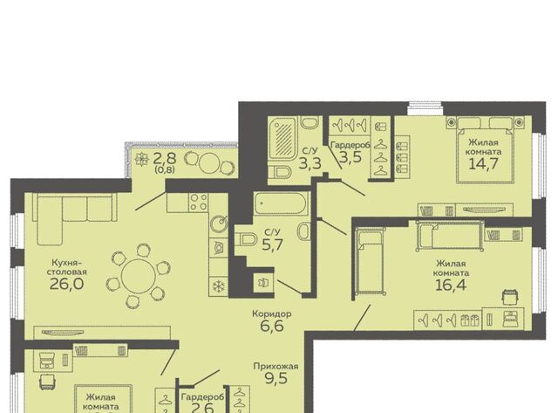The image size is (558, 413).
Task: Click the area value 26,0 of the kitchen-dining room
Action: click(66, 284)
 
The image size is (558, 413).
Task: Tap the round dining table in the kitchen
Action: click(139, 276)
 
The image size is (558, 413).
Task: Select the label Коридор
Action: click(271, 314)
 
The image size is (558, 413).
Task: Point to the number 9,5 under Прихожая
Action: click(276, 379)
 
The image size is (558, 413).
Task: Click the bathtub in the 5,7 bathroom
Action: click(281, 203)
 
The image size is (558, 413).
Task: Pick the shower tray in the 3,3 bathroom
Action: click(282, 138)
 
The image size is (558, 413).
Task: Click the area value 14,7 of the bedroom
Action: click(484, 163)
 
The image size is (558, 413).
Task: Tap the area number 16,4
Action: click(452, 285)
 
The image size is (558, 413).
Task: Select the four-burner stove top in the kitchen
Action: click(199, 202)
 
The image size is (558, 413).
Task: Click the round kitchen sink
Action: click(219, 224)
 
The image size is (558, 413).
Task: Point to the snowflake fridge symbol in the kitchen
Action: click(217, 286)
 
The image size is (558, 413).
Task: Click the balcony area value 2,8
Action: click(164, 158)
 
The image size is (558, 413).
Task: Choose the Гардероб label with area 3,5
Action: click(350, 146)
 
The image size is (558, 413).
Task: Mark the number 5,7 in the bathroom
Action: click(273, 244)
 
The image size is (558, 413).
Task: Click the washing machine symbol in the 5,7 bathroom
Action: click(263, 283)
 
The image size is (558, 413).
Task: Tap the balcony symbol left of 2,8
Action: click(142, 159)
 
